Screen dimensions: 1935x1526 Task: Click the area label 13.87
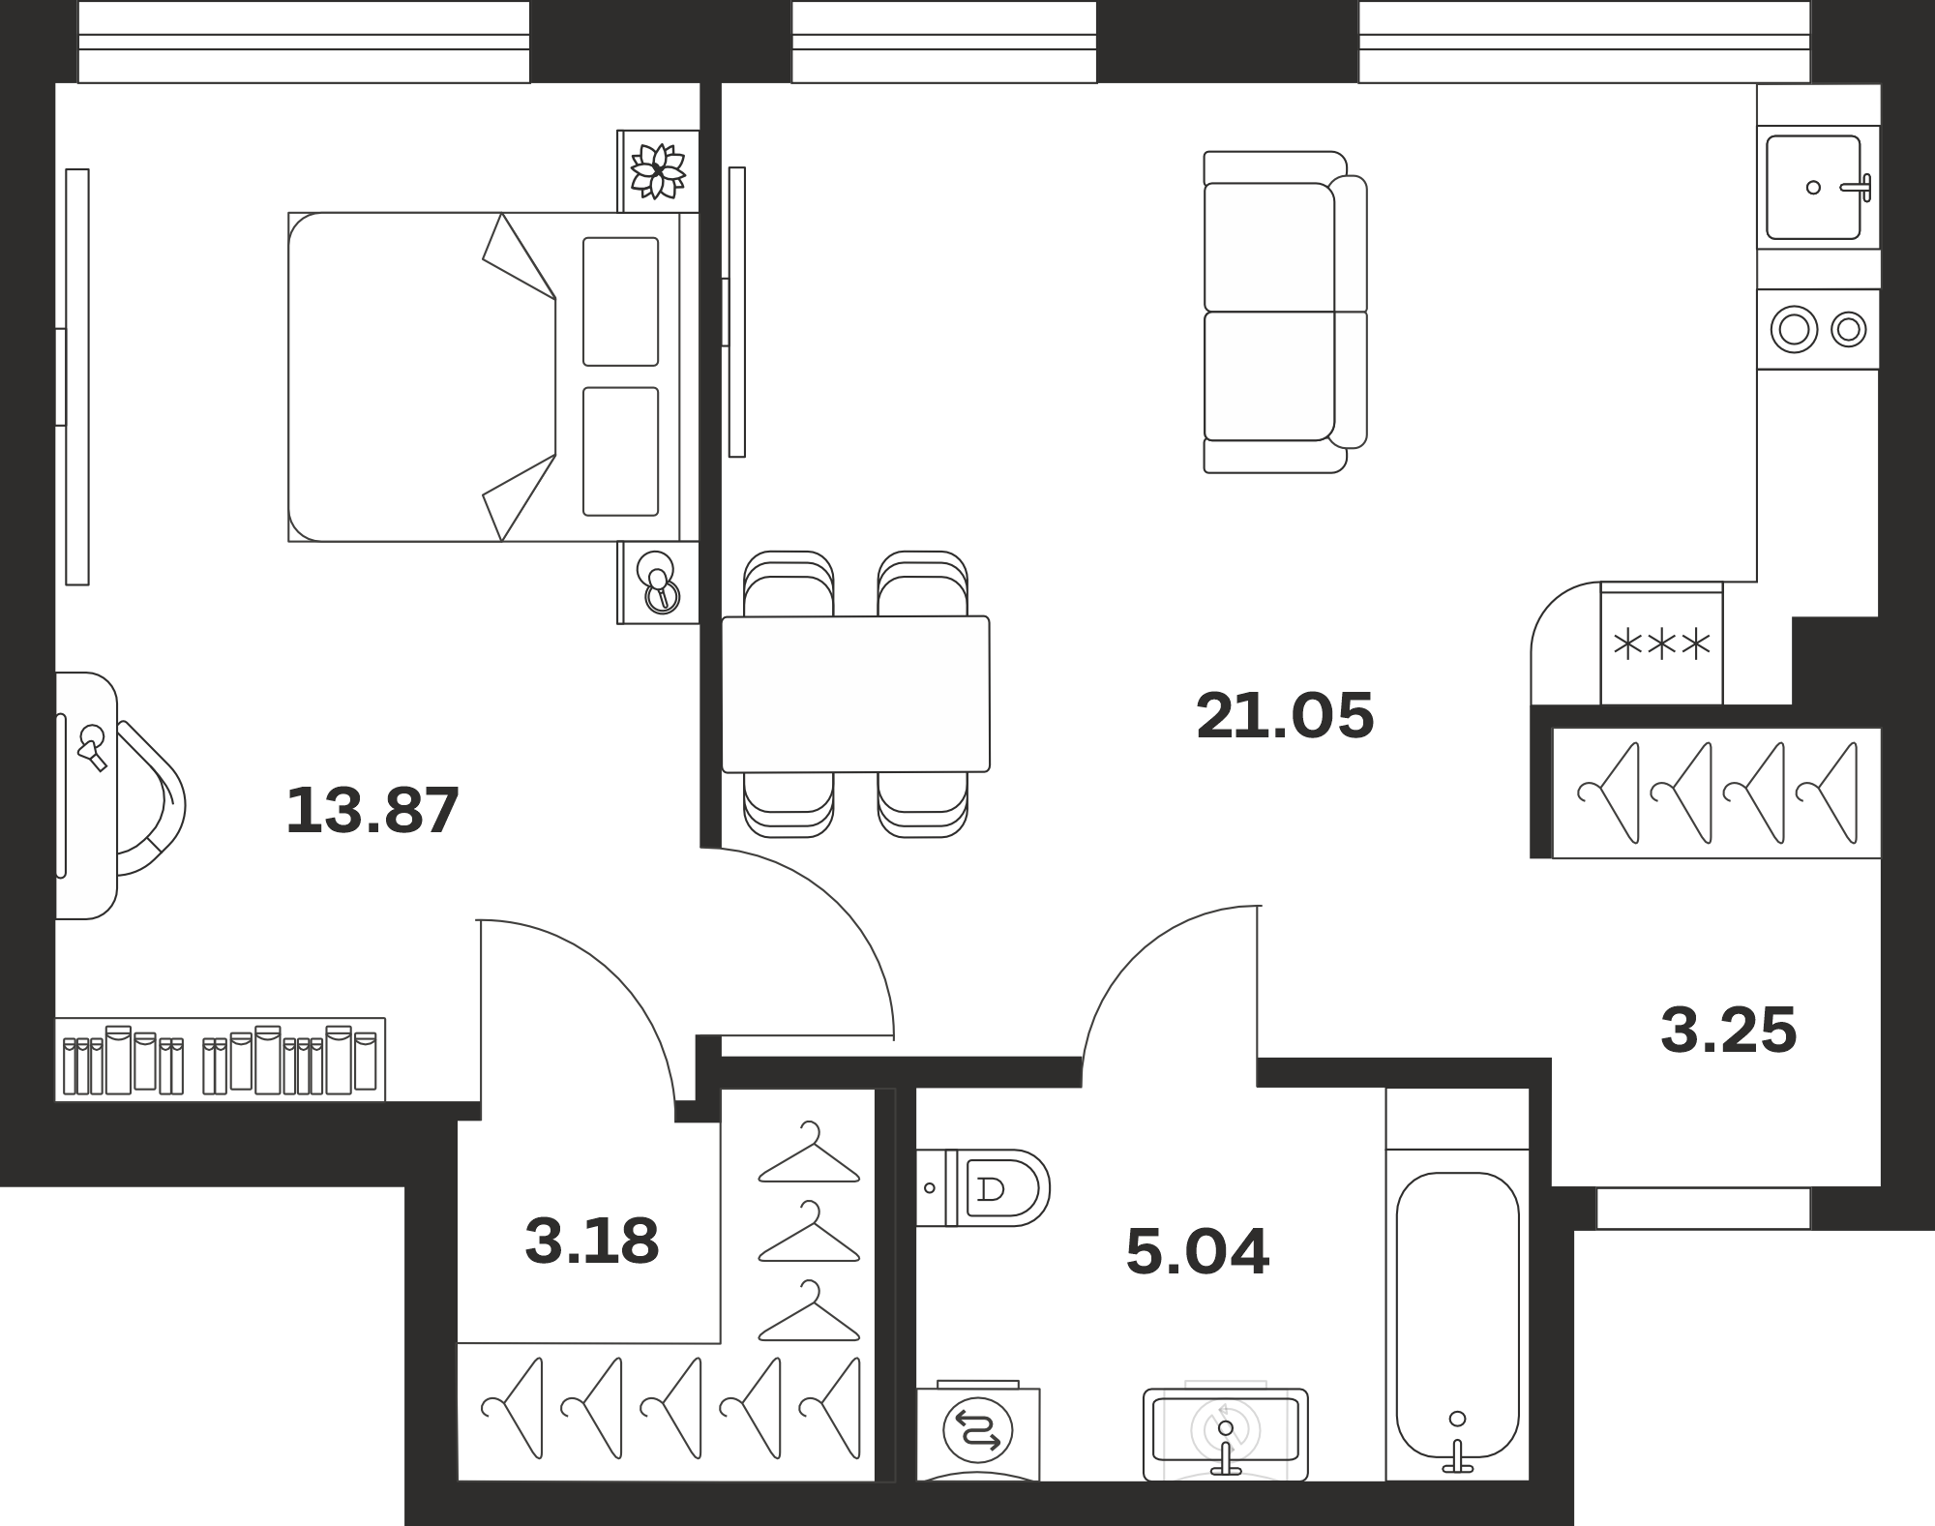372,810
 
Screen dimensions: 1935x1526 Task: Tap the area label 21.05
1285,716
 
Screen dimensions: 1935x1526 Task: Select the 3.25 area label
1729,1030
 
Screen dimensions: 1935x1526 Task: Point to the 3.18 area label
592,1242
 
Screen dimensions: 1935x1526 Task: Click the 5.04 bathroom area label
1198,1251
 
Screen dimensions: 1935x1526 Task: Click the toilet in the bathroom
983,1187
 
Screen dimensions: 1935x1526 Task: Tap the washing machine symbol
978,1431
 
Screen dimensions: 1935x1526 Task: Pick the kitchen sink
1813,188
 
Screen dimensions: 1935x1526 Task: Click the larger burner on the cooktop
1794,329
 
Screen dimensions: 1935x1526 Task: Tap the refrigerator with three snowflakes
1662,643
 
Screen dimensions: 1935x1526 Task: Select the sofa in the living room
1285,312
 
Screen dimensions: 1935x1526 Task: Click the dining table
856,694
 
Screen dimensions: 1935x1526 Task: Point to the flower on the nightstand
658,171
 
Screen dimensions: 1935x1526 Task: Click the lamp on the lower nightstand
659,583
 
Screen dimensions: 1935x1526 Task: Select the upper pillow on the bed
620,302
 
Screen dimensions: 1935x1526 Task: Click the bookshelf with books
220,1059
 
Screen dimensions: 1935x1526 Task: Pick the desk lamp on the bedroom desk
93,747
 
